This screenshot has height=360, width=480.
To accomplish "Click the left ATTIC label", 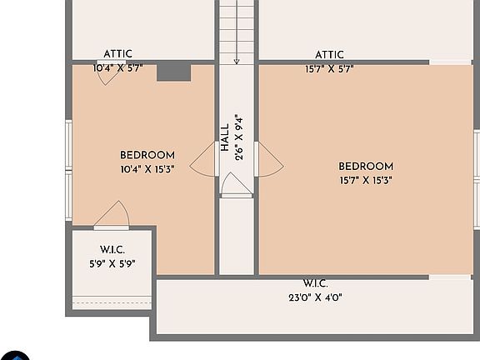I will coord(117,54).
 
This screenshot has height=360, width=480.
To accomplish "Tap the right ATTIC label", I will coord(329,55).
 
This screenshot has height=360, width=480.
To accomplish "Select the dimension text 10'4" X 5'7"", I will coord(117,68).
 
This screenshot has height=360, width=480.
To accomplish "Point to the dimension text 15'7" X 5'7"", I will coord(329,69).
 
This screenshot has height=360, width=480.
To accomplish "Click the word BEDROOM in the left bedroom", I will coord(147,155).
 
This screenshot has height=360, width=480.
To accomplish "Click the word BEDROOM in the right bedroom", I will coord(366,167).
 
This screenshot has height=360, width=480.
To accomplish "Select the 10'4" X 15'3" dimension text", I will coord(147,168).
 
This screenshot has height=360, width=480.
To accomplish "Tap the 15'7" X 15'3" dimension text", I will coord(366,180).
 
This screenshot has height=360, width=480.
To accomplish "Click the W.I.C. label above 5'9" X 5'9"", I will coord(112,250).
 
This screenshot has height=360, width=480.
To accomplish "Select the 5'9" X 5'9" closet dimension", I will coord(112,263).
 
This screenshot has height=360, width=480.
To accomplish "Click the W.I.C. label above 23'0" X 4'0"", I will coord(317,283).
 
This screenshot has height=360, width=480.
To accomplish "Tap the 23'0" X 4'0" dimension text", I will coord(317,297).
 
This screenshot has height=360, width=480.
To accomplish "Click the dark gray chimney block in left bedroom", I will coord(174,72).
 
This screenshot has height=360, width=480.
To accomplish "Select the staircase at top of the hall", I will coord(237,29).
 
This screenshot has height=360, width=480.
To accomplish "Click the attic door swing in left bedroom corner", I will coord(107,72).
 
